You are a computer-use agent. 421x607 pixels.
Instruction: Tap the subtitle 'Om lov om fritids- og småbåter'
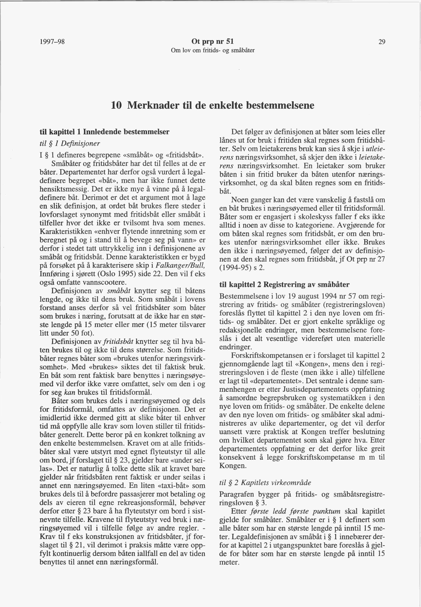tap(213, 50)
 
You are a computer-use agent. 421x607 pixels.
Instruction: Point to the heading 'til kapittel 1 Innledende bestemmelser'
tap(104, 132)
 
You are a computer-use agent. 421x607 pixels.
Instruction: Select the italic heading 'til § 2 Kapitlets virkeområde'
tap(265, 483)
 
